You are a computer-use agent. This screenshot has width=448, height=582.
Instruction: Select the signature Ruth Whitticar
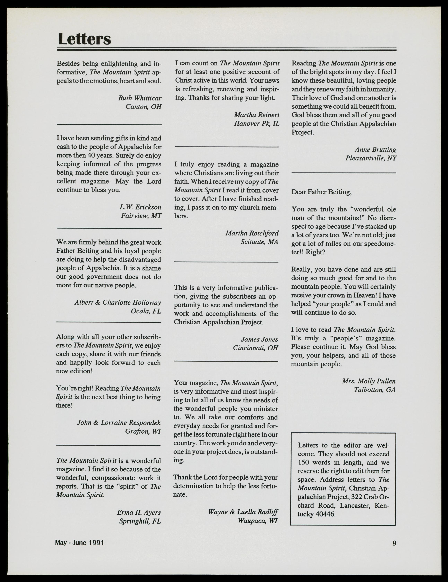tap(140, 98)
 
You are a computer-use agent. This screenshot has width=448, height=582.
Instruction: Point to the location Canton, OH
tap(143, 107)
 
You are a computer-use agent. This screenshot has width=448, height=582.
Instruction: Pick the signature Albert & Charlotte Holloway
tap(118, 303)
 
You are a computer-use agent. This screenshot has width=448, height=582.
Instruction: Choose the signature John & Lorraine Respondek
tap(119, 423)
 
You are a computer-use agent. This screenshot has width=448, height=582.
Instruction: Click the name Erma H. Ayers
tap(139, 512)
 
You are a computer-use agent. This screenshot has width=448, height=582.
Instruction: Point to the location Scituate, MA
tap(259, 242)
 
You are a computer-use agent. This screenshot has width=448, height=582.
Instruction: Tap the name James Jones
tap(259, 339)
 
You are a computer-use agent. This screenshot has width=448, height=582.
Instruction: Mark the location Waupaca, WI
tap(258, 521)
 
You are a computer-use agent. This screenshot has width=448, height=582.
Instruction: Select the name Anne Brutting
tap(375, 149)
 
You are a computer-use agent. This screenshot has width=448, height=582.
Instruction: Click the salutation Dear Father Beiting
tap(321, 192)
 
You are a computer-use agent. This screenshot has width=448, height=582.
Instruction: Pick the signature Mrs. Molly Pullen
tap(368, 381)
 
